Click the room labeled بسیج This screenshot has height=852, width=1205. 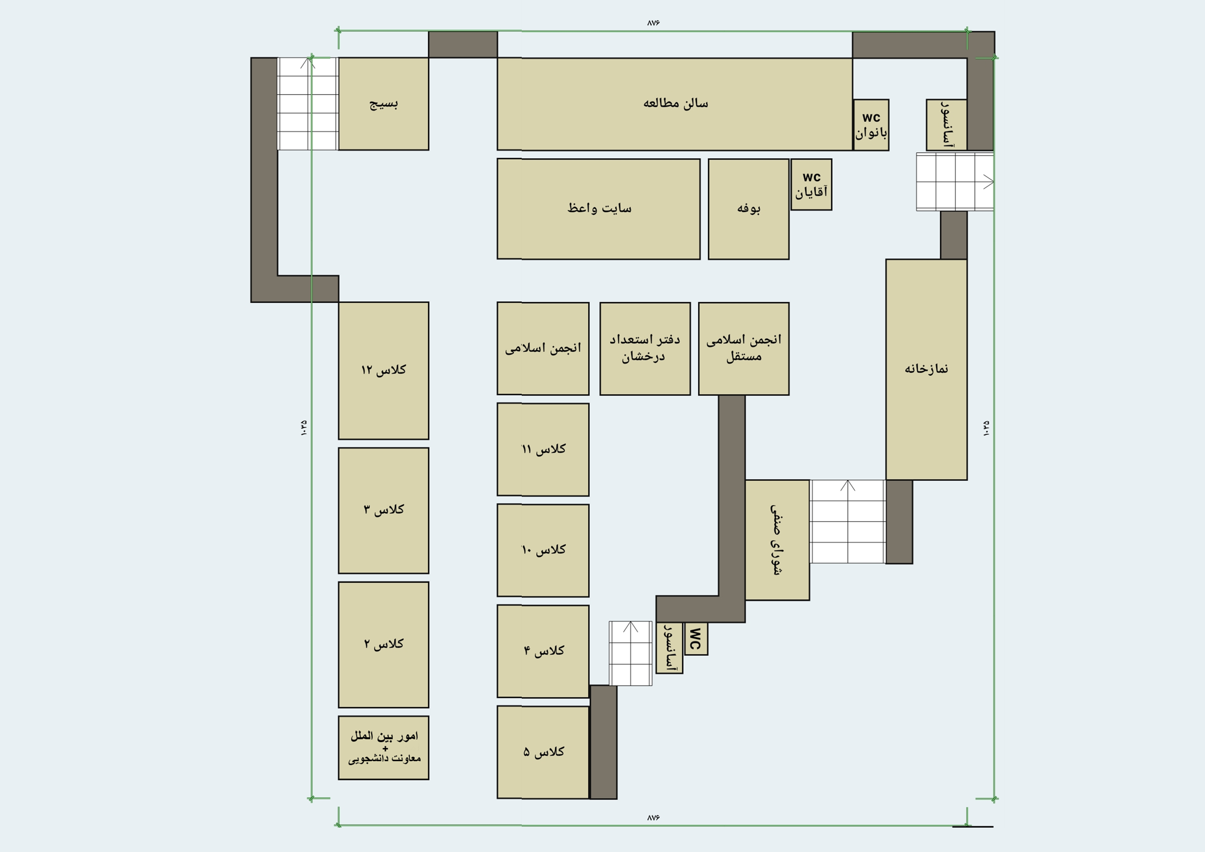tap(384, 104)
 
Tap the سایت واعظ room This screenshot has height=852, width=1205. tap(599, 209)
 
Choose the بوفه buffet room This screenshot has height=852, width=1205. tap(748, 209)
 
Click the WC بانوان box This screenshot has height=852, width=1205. tap(871, 125)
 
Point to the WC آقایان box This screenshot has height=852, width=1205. tap(811, 185)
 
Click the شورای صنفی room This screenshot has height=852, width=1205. tap(777, 540)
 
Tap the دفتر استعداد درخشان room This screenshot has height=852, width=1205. tap(645, 349)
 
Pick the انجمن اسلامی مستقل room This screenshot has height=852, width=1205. tap(744, 349)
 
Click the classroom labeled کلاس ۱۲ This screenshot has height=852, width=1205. tap(384, 371)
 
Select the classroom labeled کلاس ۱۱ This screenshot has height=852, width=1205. tap(543, 449)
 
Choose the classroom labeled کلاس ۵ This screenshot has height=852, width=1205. tap(543, 752)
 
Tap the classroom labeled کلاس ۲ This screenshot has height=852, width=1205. tap(384, 645)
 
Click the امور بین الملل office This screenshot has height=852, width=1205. tap(384, 748)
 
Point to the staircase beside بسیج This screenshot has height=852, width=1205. tap(308, 104)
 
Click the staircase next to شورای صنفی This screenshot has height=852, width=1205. tap(848, 522)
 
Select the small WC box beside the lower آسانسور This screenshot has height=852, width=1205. tap(696, 639)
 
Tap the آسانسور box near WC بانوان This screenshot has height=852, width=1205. tap(946, 125)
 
